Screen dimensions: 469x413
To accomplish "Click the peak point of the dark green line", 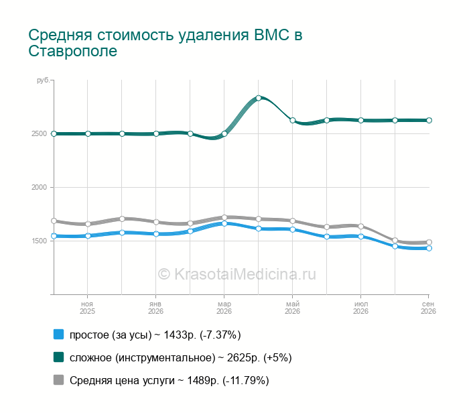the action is (259, 98).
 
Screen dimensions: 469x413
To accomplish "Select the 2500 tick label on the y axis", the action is (39, 134).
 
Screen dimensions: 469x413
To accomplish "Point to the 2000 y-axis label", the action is (39, 187).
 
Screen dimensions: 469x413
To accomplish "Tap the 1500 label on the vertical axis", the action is (39, 241).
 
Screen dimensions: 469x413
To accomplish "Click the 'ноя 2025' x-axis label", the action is (87, 308).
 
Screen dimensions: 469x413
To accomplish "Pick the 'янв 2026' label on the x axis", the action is (155, 308).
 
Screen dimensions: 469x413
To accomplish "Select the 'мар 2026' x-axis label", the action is (224, 308).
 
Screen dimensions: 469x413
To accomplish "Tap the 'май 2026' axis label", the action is (292, 308).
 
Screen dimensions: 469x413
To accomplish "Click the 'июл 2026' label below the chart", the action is (360, 308).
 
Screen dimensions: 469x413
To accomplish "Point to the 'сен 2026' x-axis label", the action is (428, 308).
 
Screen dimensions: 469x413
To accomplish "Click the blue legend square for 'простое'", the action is (59, 335).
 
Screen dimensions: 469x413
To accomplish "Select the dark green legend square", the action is (59, 357).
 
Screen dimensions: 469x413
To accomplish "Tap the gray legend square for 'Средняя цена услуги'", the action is (59, 379).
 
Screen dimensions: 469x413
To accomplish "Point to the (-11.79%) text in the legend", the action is (246, 381).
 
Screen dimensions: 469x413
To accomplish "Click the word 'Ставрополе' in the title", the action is (72, 51).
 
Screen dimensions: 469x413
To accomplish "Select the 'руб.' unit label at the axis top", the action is (44, 80).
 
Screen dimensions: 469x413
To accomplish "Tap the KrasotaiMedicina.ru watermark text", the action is (237, 274).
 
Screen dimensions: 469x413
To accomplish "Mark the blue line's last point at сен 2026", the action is (429, 248).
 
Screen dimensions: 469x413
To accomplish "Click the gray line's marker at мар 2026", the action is (224, 218).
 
